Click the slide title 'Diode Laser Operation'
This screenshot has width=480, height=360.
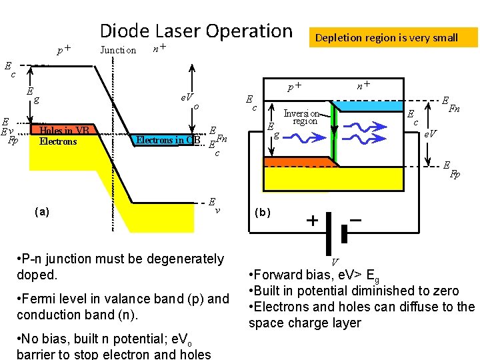click(195, 31)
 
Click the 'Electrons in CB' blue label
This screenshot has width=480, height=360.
click(168, 140)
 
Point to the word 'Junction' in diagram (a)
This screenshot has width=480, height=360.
click(117, 50)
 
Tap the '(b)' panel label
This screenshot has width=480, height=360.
click(263, 213)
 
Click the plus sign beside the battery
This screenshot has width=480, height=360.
click(311, 221)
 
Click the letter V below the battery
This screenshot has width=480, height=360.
click(335, 262)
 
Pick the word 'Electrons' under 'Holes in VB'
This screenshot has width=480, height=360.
click(58, 141)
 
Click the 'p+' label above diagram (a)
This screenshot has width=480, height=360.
click(64, 49)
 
